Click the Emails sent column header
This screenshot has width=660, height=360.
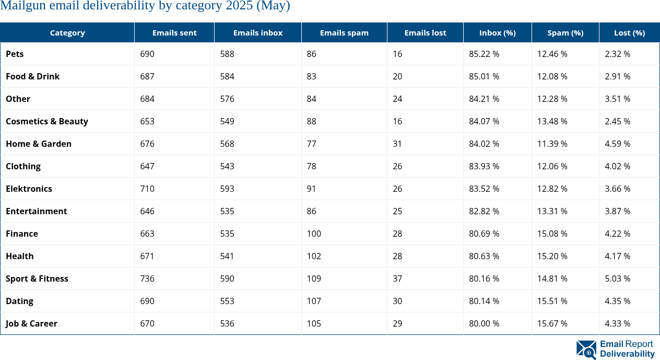tap(174, 32)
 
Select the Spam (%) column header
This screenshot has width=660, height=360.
tap(565, 32)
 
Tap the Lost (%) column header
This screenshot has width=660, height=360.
tap(629, 32)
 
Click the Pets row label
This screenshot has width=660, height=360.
tap(15, 54)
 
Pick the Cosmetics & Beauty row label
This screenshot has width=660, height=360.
tap(47, 121)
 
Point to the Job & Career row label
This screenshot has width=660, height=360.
tap(31, 323)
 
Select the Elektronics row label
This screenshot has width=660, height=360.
tap(29, 189)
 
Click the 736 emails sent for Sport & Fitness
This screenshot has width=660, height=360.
tap(147, 278)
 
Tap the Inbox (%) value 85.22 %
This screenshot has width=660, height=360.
tap(484, 54)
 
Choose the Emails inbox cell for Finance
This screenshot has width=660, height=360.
tap(227, 234)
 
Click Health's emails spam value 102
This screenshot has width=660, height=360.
tap(314, 256)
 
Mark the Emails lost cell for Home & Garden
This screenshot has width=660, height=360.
tap(397, 144)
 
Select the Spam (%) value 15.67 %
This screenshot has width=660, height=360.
tap(552, 323)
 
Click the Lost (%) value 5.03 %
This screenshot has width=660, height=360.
tap(617, 278)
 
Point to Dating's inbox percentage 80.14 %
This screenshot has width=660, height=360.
tap(484, 301)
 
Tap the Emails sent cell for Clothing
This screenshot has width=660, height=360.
tap(147, 166)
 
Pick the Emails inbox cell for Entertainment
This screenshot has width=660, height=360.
tap(227, 211)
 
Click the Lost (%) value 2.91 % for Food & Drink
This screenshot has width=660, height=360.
tap(617, 76)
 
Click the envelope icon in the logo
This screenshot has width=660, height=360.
tap(586, 350)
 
